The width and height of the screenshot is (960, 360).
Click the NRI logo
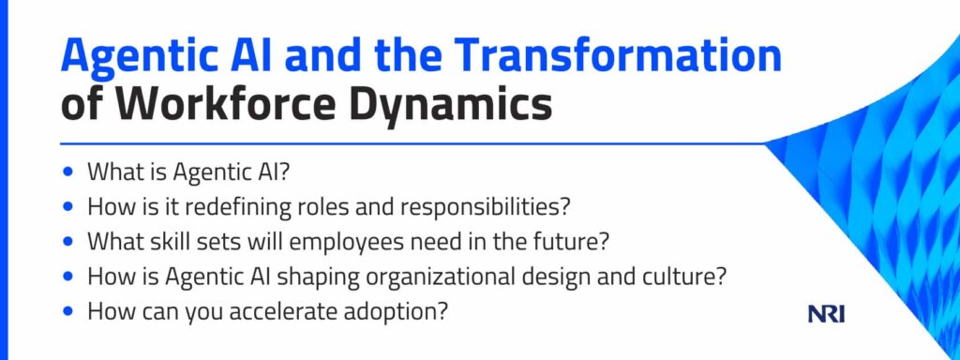point(827,315)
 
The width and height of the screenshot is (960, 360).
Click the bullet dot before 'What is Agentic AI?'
point(67,172)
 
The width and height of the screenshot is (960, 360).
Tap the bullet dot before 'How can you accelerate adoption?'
point(67,311)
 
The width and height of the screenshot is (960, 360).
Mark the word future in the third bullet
point(573,242)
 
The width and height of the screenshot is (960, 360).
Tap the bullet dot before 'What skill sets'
point(67,242)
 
